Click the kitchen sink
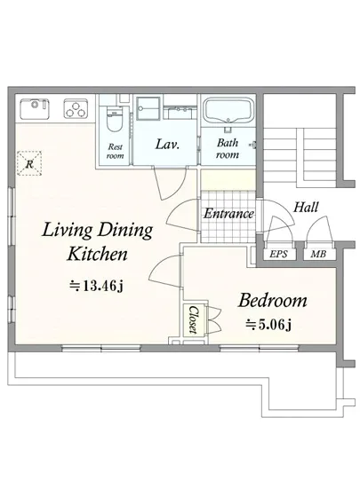[x=35, y=108]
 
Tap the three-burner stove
[x=76, y=108]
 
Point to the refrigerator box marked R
[x=29, y=163]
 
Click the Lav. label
[x=167, y=145]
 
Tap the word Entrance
[x=228, y=214]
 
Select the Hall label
[x=306, y=207]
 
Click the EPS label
[x=278, y=255]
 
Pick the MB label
[x=318, y=255]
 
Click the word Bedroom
[x=272, y=301]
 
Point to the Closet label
[x=194, y=320]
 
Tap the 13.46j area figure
[x=97, y=285]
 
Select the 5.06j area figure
[x=268, y=325]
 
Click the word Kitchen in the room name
[x=98, y=254]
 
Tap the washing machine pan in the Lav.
[x=149, y=108]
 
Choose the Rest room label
[x=115, y=151]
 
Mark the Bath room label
[x=228, y=148]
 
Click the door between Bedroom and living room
[x=165, y=272]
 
